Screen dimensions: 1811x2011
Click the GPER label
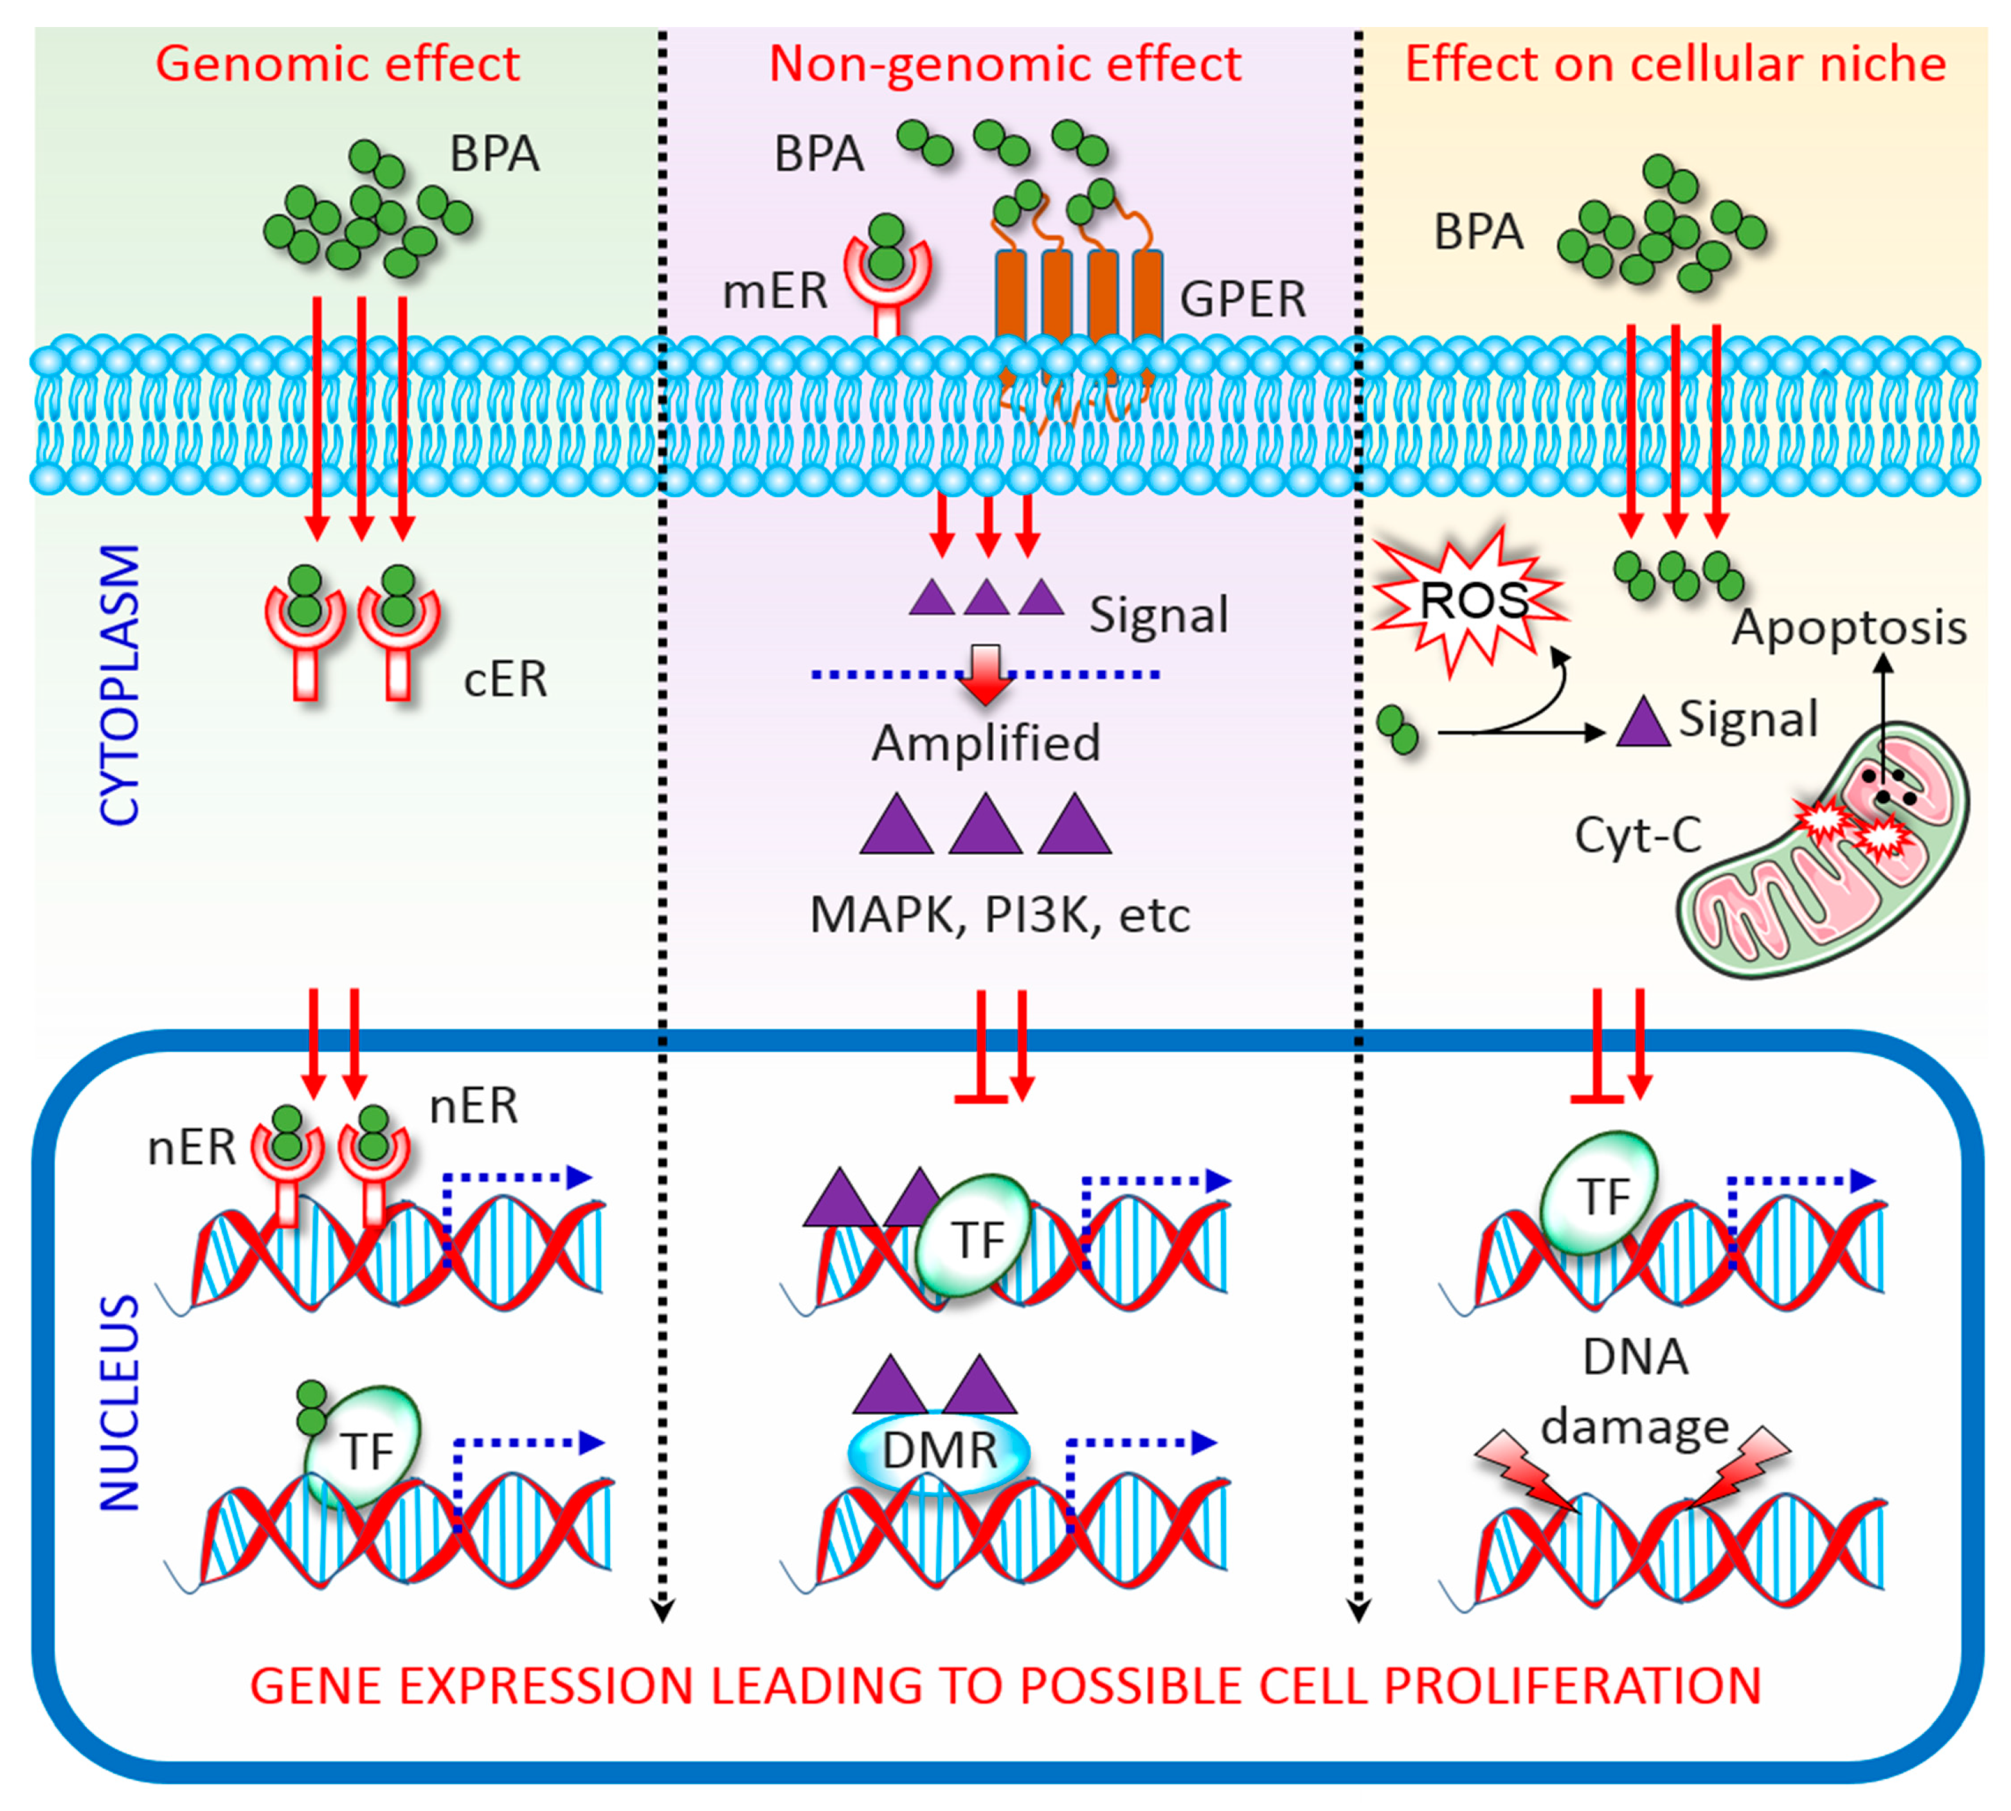1243,298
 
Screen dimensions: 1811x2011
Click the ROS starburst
1471,601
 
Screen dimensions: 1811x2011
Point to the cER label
505,680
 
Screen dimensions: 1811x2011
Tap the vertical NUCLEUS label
120,1403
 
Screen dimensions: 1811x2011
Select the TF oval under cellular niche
1598,1194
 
